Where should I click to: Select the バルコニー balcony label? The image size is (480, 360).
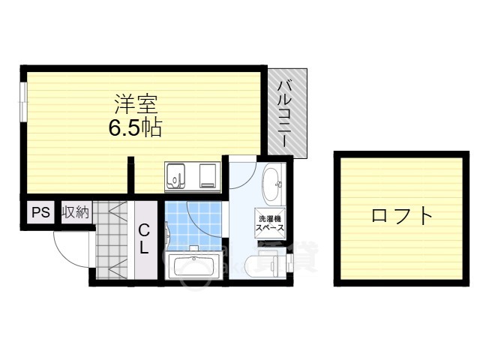[x=286, y=112]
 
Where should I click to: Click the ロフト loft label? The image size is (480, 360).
[x=402, y=217]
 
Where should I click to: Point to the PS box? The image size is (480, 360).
[x=40, y=212]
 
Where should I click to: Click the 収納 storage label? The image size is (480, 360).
[x=75, y=212]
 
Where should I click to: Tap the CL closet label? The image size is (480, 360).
[x=143, y=238]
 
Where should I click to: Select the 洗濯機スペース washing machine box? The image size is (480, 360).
[x=268, y=222]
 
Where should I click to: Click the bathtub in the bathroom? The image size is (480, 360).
[x=193, y=265]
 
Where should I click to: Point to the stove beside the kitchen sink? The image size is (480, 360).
[x=207, y=177]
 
